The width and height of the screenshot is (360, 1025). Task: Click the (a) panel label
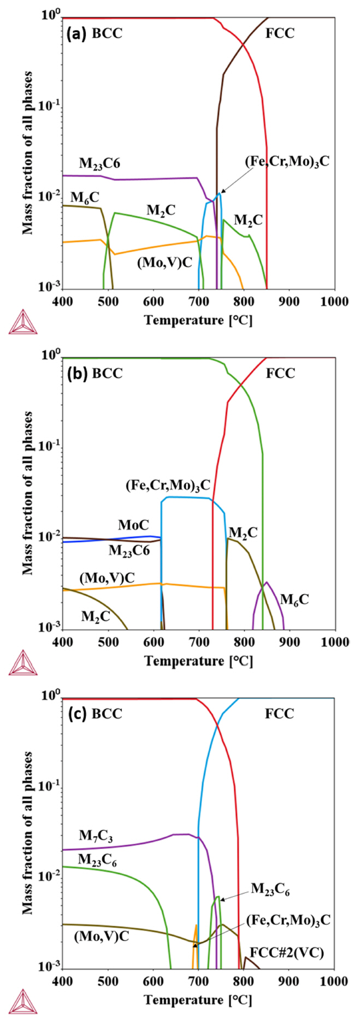click(x=75, y=34)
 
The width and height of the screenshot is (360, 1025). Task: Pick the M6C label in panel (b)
click(x=294, y=600)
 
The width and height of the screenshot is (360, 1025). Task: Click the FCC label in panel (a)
click(x=280, y=34)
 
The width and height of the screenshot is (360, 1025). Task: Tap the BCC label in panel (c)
click(x=107, y=714)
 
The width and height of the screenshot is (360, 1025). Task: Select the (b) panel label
click(x=75, y=374)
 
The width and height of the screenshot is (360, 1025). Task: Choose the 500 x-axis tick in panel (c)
click(x=108, y=983)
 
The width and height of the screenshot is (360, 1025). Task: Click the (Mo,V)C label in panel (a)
click(x=164, y=262)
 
